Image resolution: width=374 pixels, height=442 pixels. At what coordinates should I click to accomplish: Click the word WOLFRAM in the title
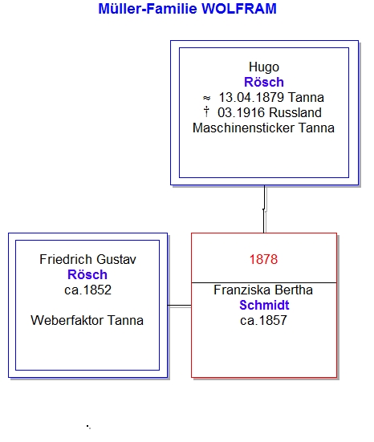239,9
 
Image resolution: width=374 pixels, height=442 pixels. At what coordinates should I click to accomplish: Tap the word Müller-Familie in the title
148,9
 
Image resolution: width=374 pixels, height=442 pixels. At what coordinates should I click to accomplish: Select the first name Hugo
264,67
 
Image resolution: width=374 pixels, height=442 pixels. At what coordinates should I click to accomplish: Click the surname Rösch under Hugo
264,82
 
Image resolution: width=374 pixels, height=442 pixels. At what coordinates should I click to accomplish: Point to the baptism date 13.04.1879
251,98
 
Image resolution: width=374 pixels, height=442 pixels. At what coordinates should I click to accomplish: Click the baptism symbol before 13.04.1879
207,98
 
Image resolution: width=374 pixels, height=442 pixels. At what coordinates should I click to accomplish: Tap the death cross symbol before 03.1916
206,112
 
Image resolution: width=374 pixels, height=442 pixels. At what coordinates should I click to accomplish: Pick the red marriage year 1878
264,259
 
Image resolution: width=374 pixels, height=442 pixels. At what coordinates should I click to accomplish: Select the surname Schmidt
264,306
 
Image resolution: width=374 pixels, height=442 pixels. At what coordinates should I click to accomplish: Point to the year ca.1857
263,321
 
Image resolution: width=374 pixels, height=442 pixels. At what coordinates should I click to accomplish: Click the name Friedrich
66,259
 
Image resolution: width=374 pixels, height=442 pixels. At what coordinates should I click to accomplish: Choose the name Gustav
116,259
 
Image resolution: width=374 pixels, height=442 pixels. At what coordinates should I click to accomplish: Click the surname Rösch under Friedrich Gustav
87,274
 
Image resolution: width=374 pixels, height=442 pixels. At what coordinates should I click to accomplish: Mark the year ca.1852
87,290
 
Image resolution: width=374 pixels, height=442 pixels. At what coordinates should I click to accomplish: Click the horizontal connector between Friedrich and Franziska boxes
180,306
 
